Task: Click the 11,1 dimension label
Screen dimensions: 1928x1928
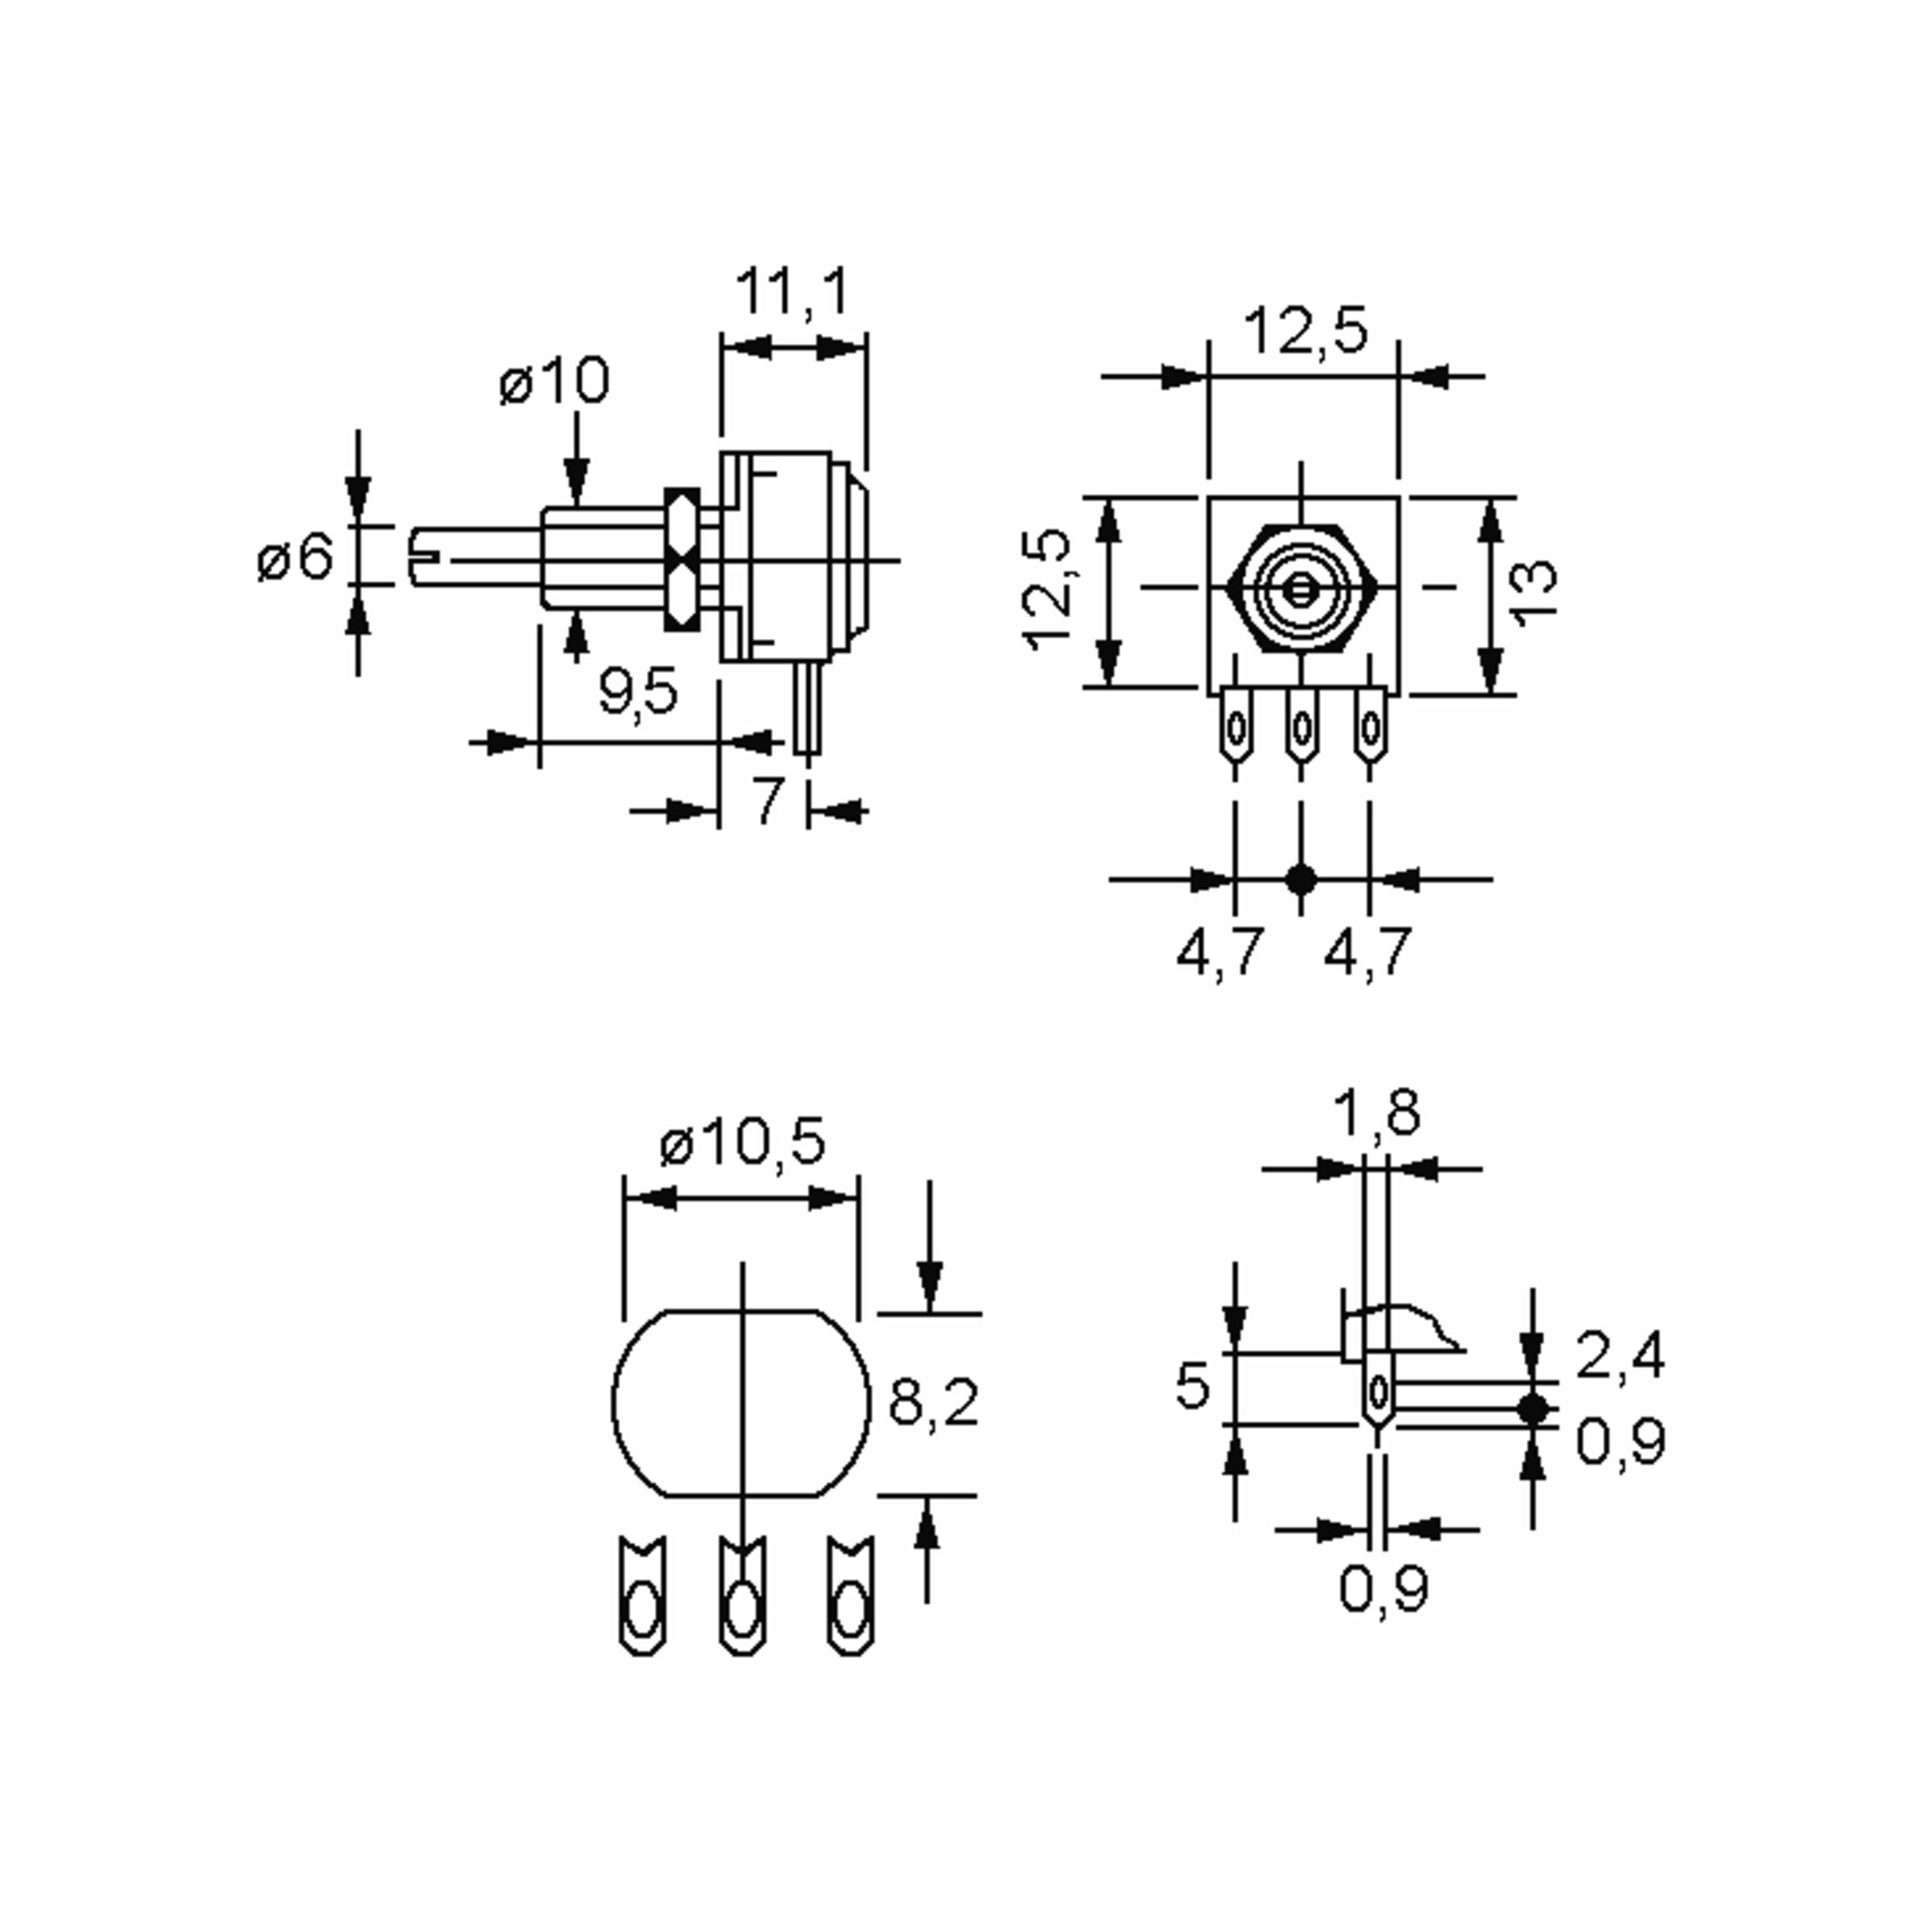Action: pos(794,292)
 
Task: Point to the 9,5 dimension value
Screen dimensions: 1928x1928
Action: pos(638,691)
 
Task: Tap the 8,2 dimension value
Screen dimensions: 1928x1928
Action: pos(933,1401)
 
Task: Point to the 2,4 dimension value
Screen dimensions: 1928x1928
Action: pos(1620,1355)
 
